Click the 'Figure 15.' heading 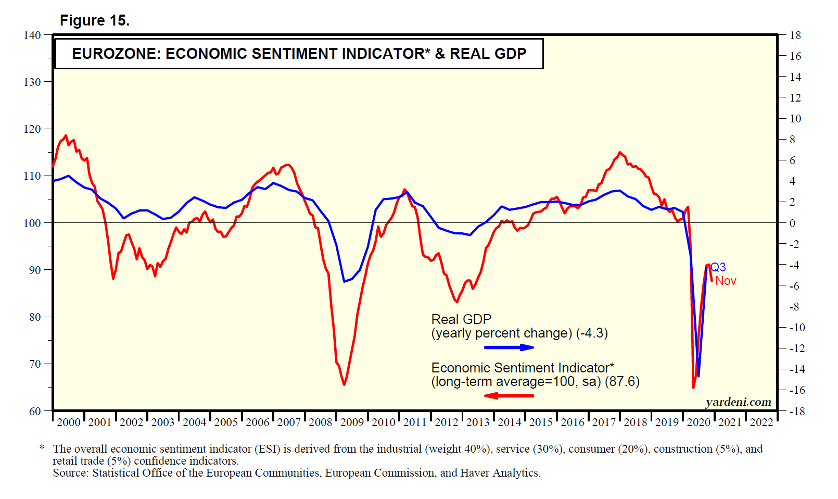click(x=94, y=21)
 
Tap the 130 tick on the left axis click(x=32, y=82)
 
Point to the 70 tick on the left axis click(x=35, y=364)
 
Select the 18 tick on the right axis click(x=795, y=35)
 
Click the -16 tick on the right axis click(x=797, y=390)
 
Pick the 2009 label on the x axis click(x=352, y=422)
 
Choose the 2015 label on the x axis click(x=541, y=422)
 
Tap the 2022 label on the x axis click(x=761, y=422)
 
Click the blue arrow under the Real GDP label click(x=509, y=347)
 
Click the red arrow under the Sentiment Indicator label click(x=509, y=396)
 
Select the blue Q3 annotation click(x=718, y=268)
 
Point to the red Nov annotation click(x=726, y=281)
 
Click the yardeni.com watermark click(x=738, y=402)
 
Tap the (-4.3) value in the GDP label click(x=592, y=333)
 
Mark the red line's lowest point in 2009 click(x=344, y=384)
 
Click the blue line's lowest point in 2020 click(x=699, y=376)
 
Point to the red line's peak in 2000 click(x=65, y=135)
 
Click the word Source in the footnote click(x=71, y=473)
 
